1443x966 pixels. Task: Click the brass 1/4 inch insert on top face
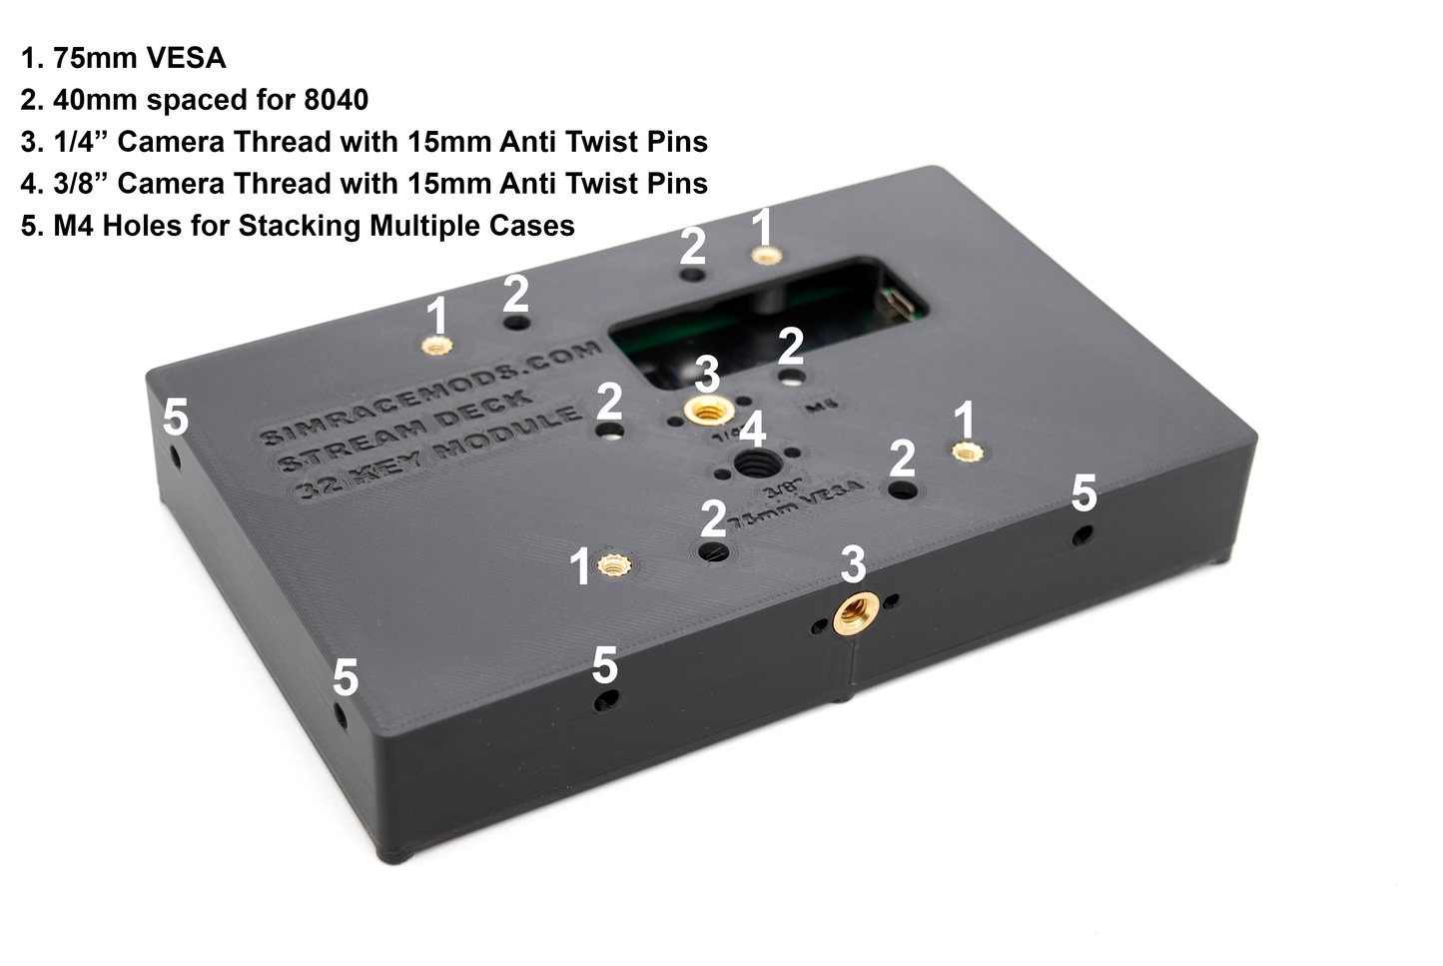click(706, 410)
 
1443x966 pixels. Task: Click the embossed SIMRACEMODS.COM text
click(429, 392)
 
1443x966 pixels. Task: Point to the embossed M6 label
click(819, 407)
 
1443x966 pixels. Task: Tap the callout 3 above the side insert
click(852, 564)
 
